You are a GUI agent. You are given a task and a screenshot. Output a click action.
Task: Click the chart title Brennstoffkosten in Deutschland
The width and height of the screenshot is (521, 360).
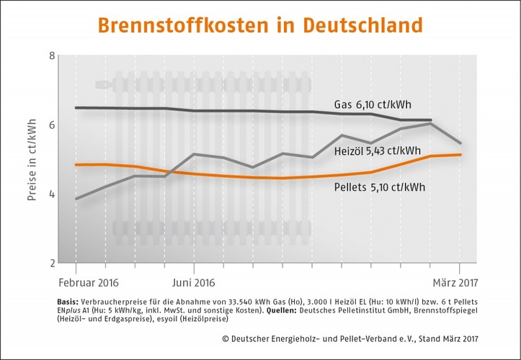point(259,25)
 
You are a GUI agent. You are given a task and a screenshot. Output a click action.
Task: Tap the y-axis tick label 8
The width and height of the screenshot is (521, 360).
point(51,56)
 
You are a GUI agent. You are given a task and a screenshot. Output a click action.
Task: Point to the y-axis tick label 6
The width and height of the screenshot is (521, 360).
point(51,125)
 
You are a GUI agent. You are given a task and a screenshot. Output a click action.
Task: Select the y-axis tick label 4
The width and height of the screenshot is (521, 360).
point(51,194)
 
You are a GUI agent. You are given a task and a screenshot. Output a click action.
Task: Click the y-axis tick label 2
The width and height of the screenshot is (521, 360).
point(51,262)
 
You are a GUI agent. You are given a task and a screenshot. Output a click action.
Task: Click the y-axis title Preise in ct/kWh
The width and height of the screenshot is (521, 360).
point(32,160)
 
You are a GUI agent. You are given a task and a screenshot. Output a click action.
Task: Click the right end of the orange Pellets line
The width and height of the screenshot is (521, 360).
point(460,155)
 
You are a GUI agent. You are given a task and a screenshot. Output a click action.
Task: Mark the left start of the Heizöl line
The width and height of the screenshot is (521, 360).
point(76,199)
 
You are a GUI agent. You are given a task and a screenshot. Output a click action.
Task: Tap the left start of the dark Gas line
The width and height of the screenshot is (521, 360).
point(76,108)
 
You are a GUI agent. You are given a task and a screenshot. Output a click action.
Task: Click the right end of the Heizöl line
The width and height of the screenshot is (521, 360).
point(460,143)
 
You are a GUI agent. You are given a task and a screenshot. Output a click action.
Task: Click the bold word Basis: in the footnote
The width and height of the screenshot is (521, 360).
point(68,301)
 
